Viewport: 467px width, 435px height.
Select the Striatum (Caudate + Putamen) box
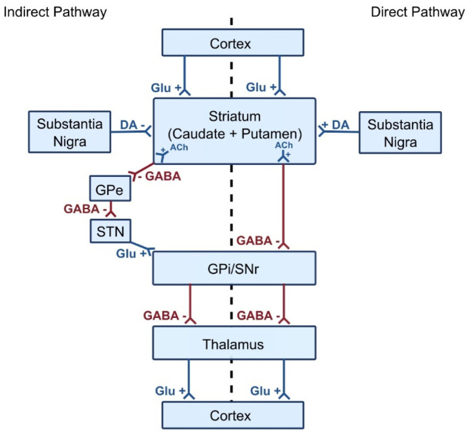pyautogui.click(x=234, y=130)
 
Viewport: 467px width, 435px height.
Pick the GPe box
pyautogui.click(x=103, y=190)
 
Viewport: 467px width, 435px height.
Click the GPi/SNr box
pyautogui.click(x=234, y=267)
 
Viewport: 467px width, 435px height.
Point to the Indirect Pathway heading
pyautogui.click(x=56, y=12)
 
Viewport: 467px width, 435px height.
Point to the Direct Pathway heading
pyautogui.click(x=417, y=12)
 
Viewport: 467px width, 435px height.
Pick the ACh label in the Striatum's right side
pyautogui.click(x=283, y=145)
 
